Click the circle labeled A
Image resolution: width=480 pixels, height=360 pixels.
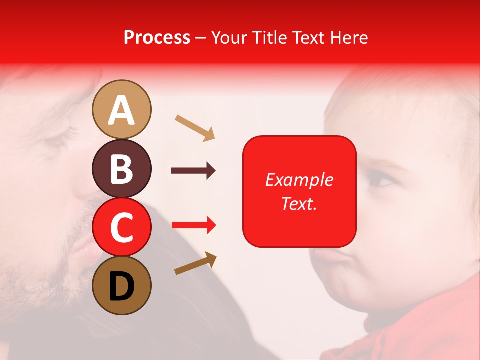(x=122, y=109)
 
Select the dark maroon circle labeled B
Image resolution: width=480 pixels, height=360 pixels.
(x=122, y=168)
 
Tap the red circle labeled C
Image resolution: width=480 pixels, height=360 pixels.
(x=122, y=227)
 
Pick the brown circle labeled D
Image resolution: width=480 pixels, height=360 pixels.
(x=122, y=285)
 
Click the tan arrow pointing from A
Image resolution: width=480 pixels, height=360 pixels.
(x=195, y=128)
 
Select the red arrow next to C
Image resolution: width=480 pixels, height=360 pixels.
(x=194, y=225)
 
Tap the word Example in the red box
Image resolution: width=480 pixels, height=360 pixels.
(x=299, y=180)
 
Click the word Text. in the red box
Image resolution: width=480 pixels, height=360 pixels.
(x=299, y=204)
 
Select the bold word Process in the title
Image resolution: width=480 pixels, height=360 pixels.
(x=157, y=37)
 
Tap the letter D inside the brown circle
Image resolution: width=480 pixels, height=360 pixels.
(x=122, y=287)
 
